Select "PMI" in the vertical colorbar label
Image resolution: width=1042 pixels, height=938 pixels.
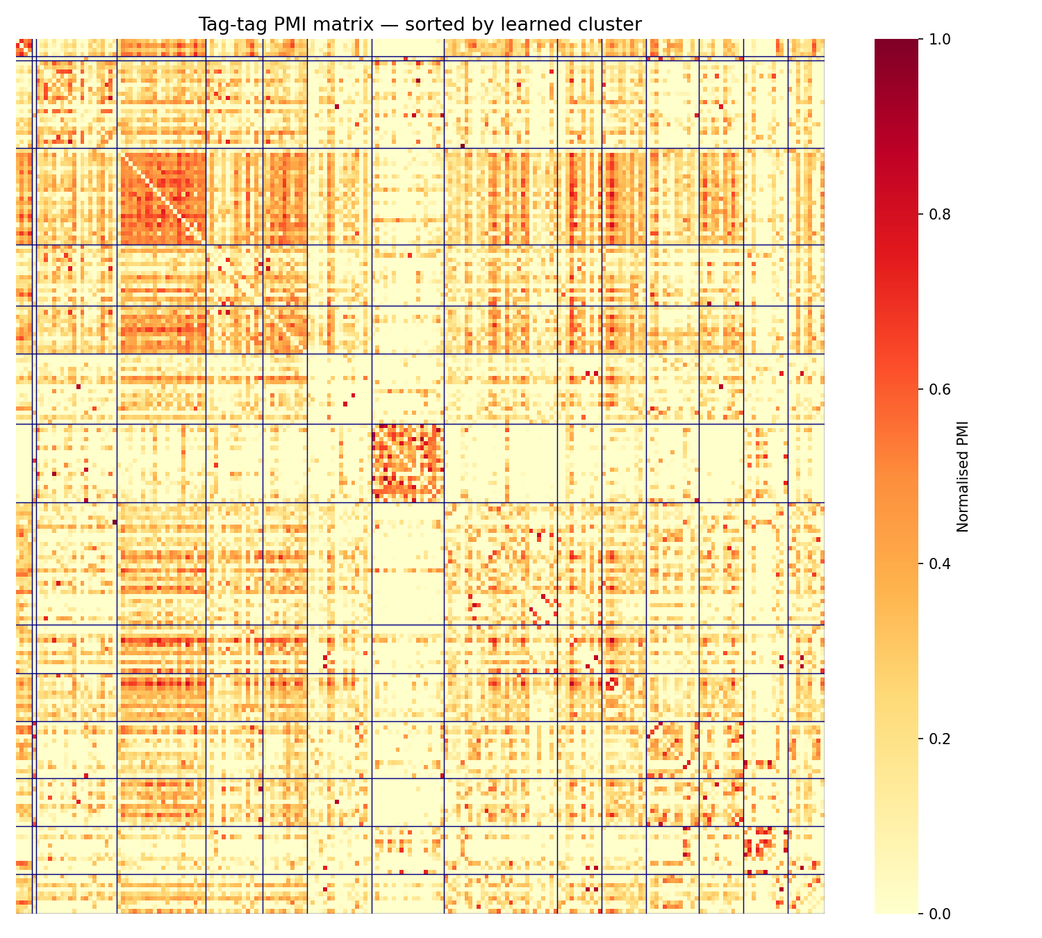[963, 432]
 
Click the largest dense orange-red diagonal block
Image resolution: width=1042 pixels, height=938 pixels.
[163, 197]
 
